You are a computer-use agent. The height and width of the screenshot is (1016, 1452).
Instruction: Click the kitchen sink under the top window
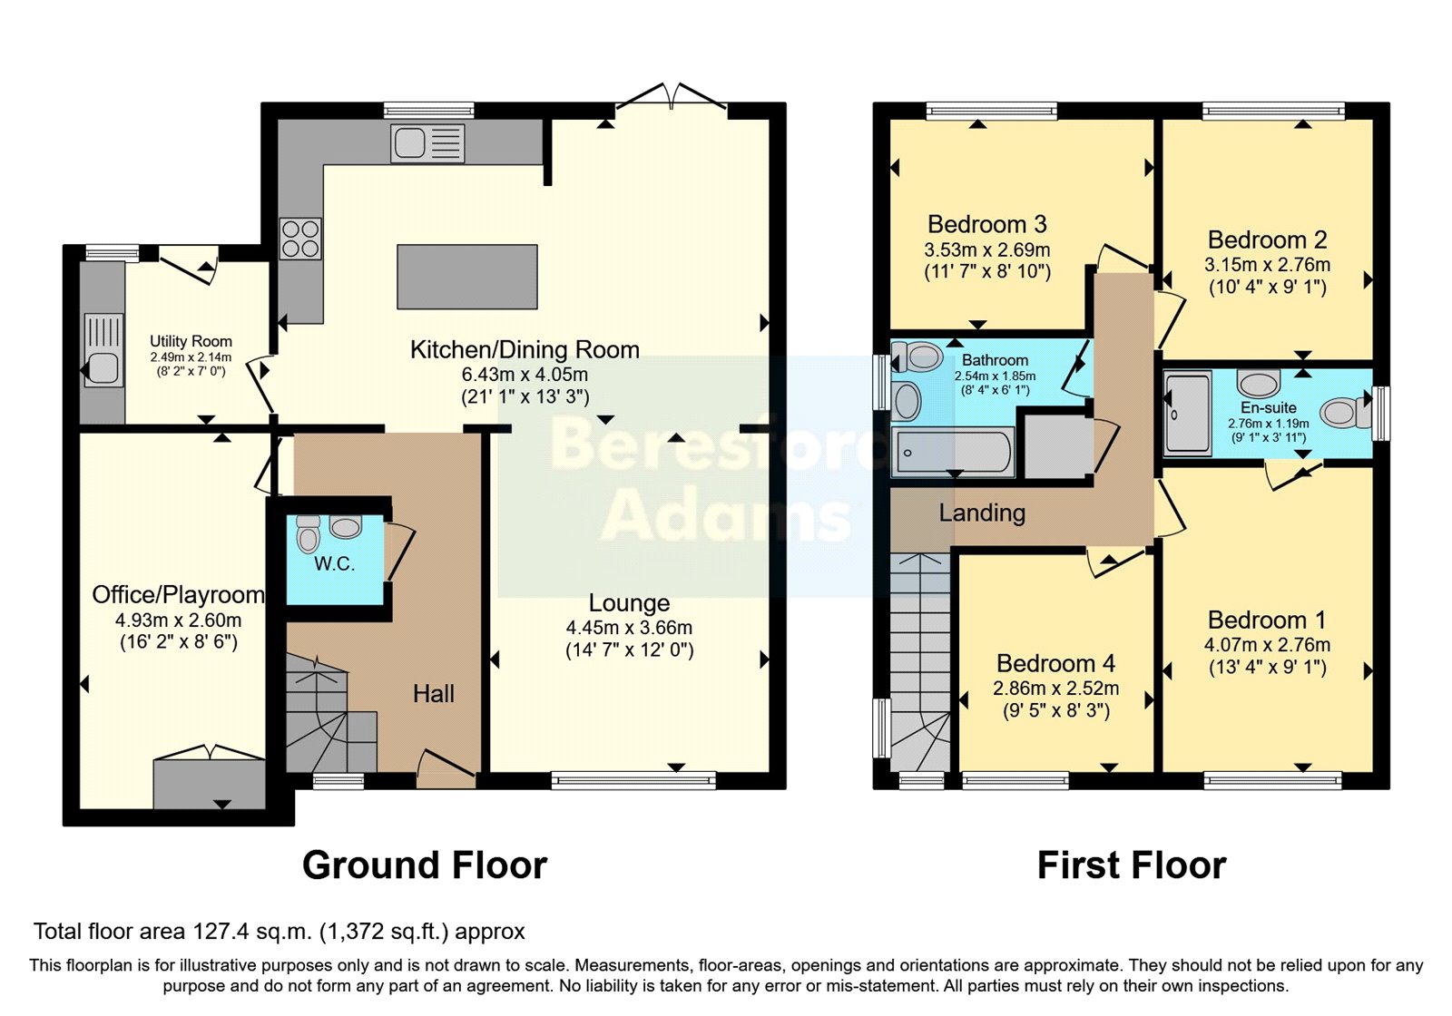(427, 143)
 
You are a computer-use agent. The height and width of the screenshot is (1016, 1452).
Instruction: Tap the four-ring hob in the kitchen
(300, 239)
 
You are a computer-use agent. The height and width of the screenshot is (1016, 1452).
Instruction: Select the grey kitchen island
(467, 277)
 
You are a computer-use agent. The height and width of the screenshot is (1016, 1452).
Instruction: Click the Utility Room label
(191, 341)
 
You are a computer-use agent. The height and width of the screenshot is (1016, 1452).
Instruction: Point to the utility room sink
(103, 350)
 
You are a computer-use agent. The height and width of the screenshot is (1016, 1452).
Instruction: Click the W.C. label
(334, 564)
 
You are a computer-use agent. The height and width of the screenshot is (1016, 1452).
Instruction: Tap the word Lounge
(629, 603)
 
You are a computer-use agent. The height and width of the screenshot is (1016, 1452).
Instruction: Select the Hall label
(433, 694)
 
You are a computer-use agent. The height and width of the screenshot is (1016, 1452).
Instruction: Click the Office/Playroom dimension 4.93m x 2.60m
(178, 620)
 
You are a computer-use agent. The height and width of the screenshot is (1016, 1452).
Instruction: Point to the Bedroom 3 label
(986, 224)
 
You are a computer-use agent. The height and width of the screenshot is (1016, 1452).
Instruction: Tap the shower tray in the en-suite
(1188, 412)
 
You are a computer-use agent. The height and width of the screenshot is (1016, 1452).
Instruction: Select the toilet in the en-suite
(1346, 413)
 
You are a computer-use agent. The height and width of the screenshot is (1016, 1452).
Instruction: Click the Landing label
(982, 513)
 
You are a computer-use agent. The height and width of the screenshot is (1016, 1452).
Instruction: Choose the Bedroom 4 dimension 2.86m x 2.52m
(1055, 689)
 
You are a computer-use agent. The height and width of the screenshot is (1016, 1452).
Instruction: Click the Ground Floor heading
(425, 865)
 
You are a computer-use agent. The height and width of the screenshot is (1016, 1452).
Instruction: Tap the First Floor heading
(1131, 865)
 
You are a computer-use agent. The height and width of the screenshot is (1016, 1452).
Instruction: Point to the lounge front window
(633, 778)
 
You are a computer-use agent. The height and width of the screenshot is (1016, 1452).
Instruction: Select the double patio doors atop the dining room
(672, 100)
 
